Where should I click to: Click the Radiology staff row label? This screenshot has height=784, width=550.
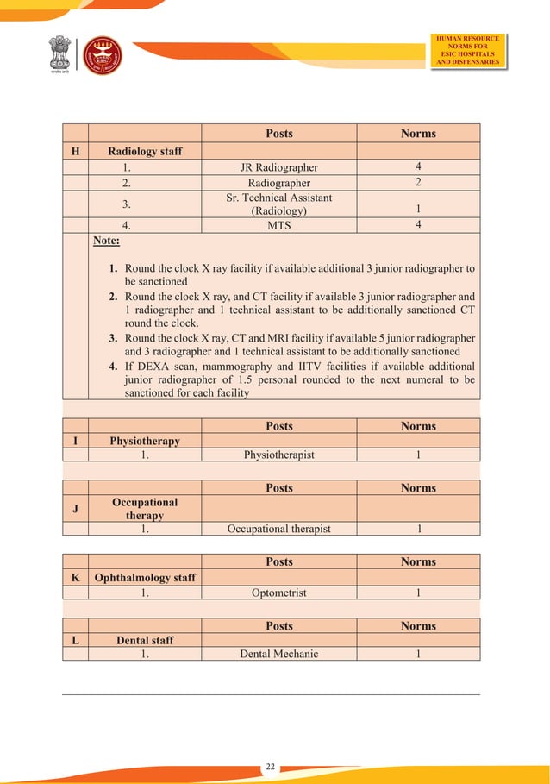click(x=145, y=151)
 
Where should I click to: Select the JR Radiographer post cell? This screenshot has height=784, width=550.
click(x=278, y=167)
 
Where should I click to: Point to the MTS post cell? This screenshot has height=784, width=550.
click(x=278, y=225)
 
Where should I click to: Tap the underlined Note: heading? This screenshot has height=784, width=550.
click(x=107, y=241)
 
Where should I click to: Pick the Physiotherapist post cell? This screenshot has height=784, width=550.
click(x=278, y=455)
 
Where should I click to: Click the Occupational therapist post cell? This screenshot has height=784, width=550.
click(x=278, y=529)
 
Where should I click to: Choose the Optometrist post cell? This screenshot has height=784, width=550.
click(x=278, y=593)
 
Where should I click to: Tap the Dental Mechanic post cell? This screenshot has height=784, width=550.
click(x=278, y=654)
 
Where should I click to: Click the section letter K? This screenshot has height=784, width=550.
click(x=75, y=578)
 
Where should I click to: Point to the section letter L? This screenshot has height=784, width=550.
click(x=75, y=640)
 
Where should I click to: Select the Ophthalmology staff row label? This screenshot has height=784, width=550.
click(x=145, y=578)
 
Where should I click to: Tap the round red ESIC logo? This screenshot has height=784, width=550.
click(x=102, y=55)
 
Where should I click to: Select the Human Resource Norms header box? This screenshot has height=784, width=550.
click(x=468, y=50)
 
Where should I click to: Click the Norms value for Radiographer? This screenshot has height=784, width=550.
click(x=418, y=183)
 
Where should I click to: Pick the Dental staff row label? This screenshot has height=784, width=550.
click(x=145, y=640)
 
